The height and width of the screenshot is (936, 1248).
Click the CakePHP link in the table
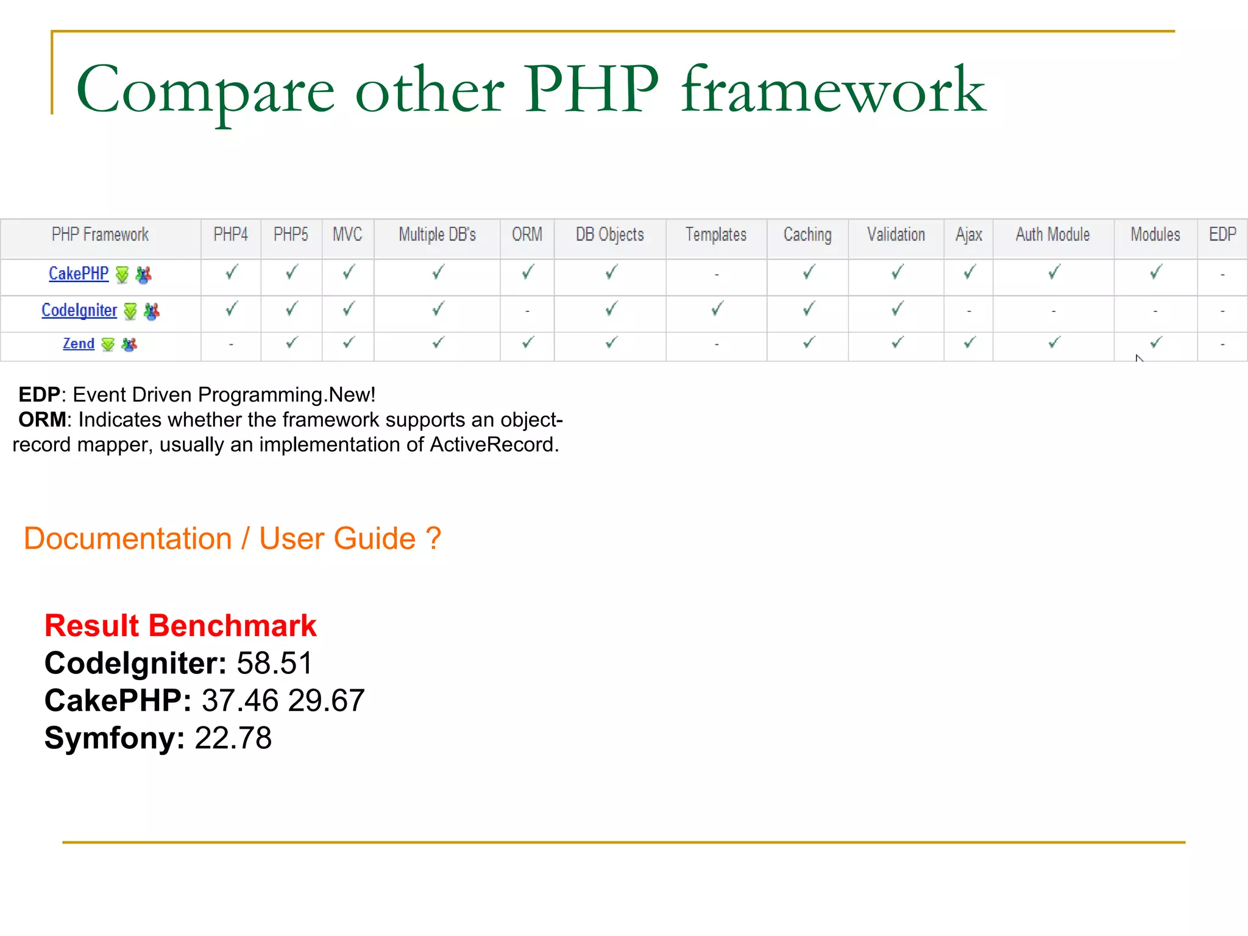(79, 274)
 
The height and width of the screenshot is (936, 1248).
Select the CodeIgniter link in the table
(79, 311)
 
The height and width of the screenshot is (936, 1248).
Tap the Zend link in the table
(79, 344)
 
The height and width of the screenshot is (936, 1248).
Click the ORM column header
(527, 235)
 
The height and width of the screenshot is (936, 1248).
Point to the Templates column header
(716, 235)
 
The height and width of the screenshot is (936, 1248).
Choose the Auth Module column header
(1052, 235)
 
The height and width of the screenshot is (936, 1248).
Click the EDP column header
(1222, 235)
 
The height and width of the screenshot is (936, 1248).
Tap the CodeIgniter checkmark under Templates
(717, 309)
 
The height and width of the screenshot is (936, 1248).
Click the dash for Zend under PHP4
(231, 345)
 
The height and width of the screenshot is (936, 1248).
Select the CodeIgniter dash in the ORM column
(527, 311)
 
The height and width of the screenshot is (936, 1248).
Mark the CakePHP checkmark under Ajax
(970, 272)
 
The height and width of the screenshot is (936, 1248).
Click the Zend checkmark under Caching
(809, 343)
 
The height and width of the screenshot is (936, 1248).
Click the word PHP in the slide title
(591, 90)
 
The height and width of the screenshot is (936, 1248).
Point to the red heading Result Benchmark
(180, 626)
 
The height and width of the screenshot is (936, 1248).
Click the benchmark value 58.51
(274, 664)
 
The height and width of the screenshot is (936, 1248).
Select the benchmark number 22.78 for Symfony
(233, 739)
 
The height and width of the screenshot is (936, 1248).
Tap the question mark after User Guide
(433, 539)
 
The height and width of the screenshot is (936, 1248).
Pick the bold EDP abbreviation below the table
(39, 395)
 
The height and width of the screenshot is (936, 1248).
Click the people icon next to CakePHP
(144, 275)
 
